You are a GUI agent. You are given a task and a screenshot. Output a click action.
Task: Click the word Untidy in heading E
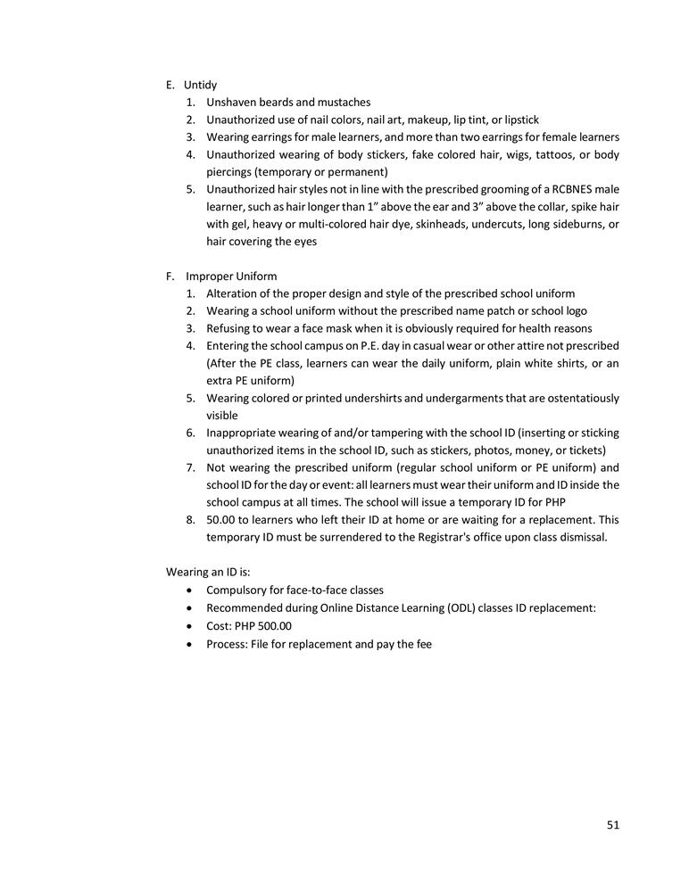(x=200, y=85)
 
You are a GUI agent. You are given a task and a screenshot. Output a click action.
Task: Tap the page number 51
(x=612, y=825)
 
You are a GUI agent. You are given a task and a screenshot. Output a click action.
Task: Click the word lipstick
(x=521, y=120)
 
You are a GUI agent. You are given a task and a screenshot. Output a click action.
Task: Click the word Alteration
(x=233, y=293)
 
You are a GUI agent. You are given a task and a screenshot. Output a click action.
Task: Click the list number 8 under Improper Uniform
(x=190, y=519)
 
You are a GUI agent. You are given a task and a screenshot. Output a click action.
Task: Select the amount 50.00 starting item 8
(x=222, y=519)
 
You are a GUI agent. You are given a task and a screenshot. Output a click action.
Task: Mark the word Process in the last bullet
(x=227, y=643)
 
